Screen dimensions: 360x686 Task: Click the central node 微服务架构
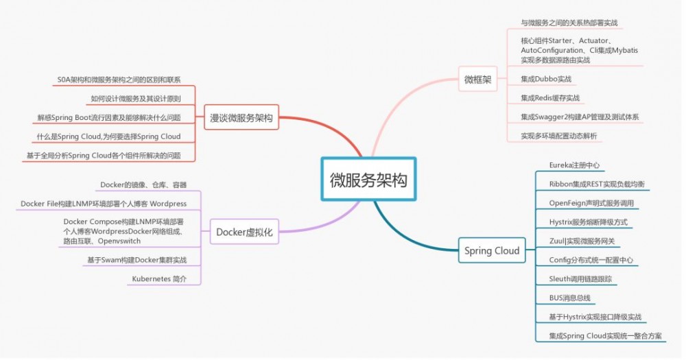[x=368, y=180]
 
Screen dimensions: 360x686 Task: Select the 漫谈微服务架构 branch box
[x=241, y=118]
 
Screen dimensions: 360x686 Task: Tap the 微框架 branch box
[x=477, y=80]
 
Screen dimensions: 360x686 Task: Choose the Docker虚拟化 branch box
[x=244, y=232]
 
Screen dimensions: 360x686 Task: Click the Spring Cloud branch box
[x=492, y=250]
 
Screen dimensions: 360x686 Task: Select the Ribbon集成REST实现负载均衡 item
[x=596, y=184]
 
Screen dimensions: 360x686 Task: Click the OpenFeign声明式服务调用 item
[x=591, y=203]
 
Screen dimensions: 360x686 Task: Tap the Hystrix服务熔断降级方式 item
[x=588, y=222]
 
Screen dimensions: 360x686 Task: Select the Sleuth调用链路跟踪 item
[x=580, y=279]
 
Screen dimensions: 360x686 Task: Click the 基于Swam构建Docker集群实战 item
[x=137, y=260]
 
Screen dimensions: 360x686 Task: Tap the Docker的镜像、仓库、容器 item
[x=143, y=184]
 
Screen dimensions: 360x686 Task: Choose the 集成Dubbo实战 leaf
[x=545, y=79]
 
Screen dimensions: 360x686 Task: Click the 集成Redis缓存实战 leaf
[x=549, y=98]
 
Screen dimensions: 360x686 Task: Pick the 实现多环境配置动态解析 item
[x=558, y=136]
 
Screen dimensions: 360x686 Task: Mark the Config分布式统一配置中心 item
[x=591, y=260]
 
